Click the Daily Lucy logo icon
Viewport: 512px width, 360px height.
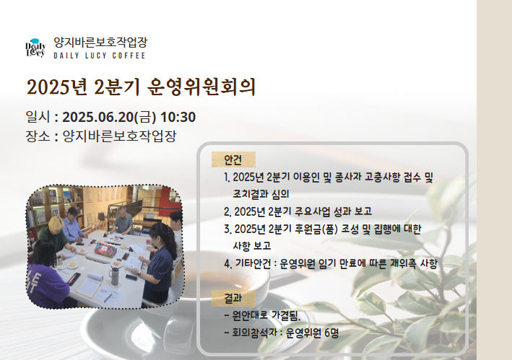[x=35, y=48]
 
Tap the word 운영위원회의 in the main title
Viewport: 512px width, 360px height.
[x=201, y=87]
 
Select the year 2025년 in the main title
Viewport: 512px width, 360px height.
[x=57, y=87]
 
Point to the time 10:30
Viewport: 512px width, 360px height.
[x=178, y=117]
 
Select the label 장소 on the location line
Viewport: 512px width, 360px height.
[x=38, y=136]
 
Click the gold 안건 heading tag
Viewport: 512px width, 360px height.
[x=233, y=159]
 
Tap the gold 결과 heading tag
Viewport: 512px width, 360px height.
[x=233, y=298]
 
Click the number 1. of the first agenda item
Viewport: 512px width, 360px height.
[x=227, y=177]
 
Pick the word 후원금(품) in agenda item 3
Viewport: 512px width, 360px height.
[x=316, y=229]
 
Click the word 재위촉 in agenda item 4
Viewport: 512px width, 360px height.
[x=403, y=263]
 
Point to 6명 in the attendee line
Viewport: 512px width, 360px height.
[x=331, y=333]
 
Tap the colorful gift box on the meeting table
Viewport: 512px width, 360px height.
[x=105, y=250]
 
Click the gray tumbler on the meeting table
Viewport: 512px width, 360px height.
[x=114, y=276]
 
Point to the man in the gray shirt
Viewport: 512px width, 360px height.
[x=123, y=221]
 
